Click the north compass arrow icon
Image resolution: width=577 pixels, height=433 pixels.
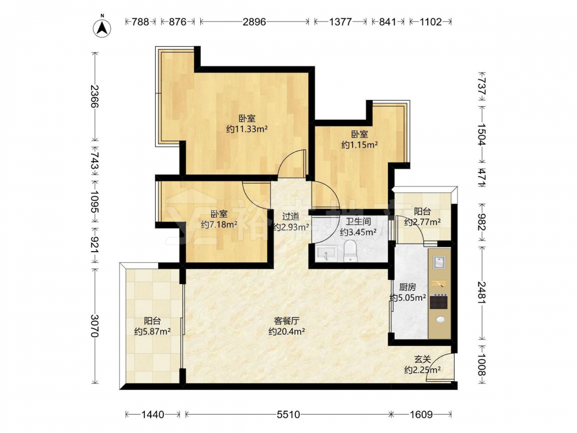tap(103, 27)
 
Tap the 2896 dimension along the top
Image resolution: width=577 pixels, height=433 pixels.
tap(254, 22)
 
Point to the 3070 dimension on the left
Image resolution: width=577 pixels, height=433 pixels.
tap(95, 326)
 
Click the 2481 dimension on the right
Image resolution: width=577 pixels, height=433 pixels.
tap(482, 293)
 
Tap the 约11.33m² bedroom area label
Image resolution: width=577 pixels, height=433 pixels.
tap(246, 129)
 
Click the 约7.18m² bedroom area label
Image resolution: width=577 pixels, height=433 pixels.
tap(219, 224)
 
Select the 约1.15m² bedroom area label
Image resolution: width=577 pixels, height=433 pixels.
tap(359, 145)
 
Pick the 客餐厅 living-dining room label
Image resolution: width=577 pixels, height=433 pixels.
tap(286, 320)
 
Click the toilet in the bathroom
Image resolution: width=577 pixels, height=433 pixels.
tap(350, 251)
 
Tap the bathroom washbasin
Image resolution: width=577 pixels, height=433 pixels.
tap(325, 253)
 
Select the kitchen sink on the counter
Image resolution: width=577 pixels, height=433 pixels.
tap(440, 262)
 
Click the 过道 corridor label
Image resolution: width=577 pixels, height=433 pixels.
tap(291, 216)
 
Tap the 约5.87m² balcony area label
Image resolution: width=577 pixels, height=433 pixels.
tap(152, 331)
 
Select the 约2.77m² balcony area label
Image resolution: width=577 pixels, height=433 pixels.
tap(422, 222)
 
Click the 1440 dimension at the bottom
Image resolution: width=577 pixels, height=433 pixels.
tap(153, 415)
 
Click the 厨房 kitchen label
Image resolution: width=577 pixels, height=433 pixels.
tap(407, 286)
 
